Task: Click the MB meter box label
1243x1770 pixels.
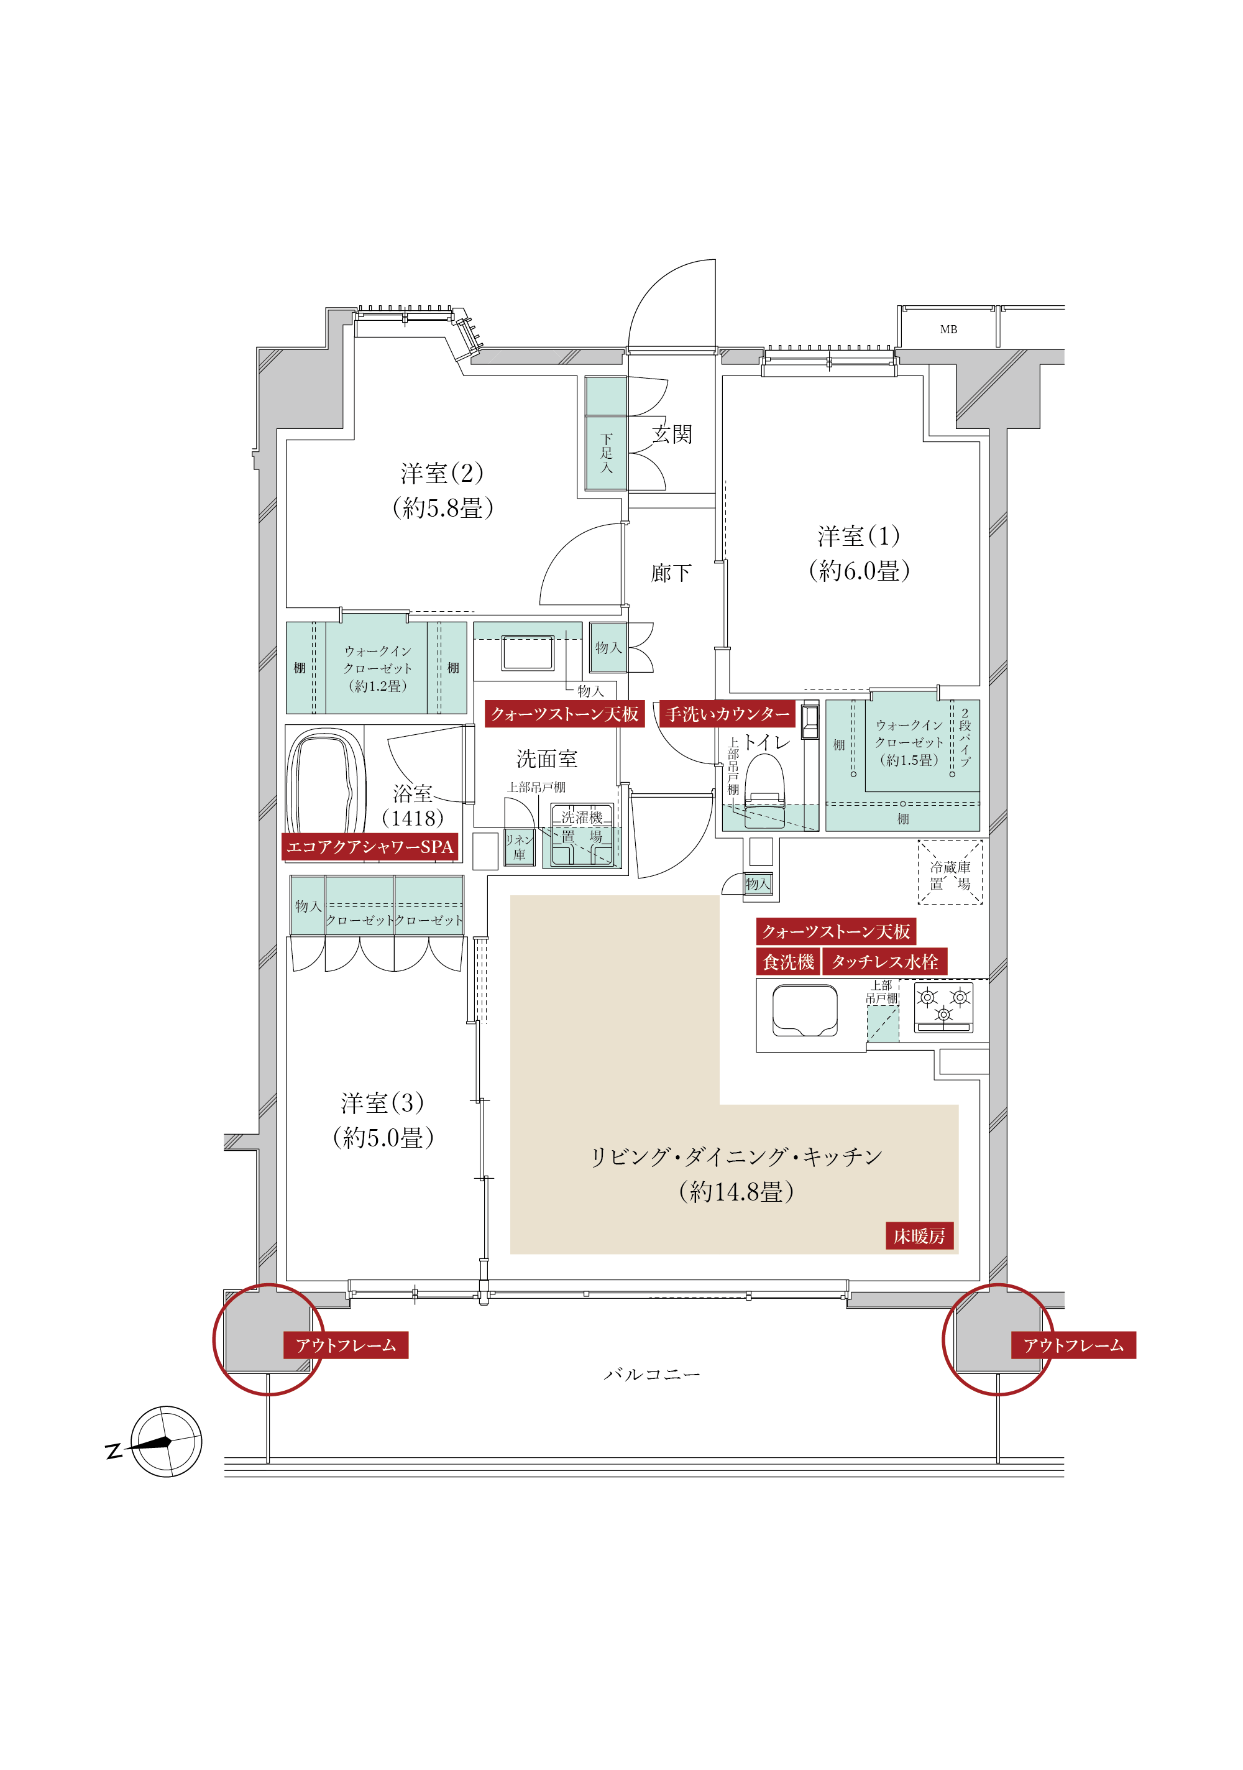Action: [948, 329]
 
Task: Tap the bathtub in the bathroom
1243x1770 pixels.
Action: [325, 785]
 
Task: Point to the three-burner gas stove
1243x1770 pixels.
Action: [943, 1007]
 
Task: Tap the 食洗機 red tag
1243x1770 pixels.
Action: [787, 961]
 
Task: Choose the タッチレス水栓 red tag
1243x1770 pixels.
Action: [884, 961]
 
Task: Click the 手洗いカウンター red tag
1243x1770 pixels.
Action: [727, 714]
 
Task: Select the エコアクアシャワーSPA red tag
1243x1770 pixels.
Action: [370, 847]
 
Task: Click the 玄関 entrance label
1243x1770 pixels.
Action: [672, 435]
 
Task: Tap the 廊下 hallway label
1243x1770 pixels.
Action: [671, 573]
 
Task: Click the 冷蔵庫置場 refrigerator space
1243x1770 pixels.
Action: [950, 872]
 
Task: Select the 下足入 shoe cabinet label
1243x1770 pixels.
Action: [607, 453]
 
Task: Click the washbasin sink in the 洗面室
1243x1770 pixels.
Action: [528, 652]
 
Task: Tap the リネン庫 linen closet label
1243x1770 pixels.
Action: [518, 847]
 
